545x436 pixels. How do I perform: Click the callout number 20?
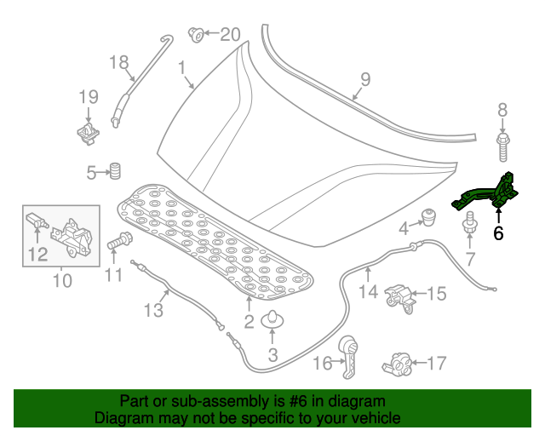click(231, 35)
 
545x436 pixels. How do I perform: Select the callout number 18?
click(118, 61)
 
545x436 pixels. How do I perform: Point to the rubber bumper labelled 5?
click(112, 169)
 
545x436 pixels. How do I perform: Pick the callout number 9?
click(364, 80)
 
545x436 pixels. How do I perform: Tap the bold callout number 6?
click(498, 232)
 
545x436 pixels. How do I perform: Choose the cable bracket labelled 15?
click(400, 295)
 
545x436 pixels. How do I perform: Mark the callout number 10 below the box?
click(62, 279)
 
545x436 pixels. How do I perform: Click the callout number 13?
click(152, 310)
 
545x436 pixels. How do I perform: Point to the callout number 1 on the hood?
click(181, 67)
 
